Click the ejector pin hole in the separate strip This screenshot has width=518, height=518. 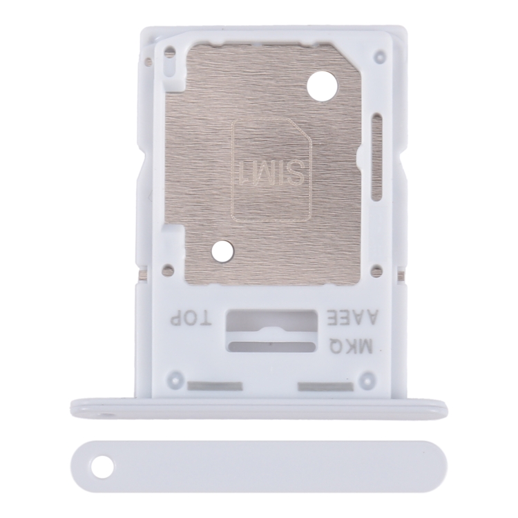[x=103, y=467]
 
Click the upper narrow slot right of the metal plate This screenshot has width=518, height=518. [x=377, y=131]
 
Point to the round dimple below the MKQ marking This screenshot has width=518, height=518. [x=369, y=378]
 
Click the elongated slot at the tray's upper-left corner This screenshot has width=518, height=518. [x=169, y=61]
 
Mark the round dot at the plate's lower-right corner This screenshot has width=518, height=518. [x=376, y=271]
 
